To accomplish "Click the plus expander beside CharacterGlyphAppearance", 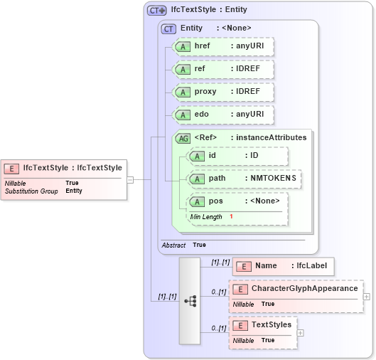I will pos(366,296).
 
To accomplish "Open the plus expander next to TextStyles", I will pos(301,332).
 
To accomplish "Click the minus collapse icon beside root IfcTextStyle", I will pos(130,179).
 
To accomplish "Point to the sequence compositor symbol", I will pos(190,301).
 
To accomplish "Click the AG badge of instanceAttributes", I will pos(183,138).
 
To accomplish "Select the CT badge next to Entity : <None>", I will pos(169,28).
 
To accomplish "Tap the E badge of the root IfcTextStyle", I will pos(11,169).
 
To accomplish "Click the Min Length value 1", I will pos(231,216).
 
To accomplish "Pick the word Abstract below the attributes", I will pos(173,245).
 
